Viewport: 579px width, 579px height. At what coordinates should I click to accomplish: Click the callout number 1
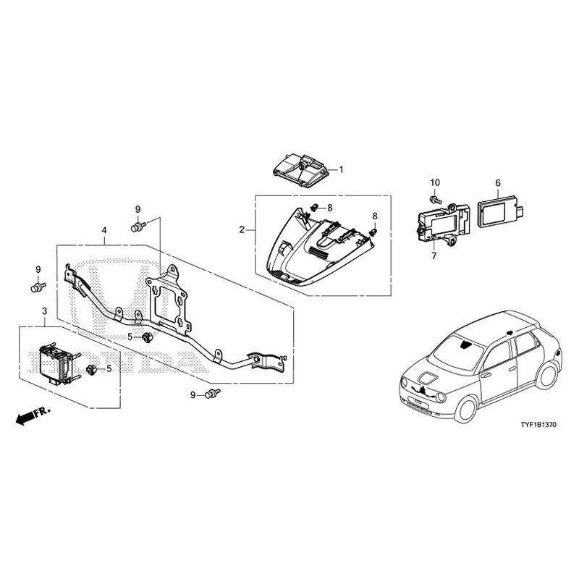click(x=342, y=169)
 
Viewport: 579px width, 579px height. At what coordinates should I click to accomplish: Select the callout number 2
click(x=242, y=229)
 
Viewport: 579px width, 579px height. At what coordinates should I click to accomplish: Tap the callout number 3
click(x=44, y=311)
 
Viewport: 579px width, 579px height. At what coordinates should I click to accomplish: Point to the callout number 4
click(x=104, y=231)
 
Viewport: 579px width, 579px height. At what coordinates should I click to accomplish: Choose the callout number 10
click(x=435, y=182)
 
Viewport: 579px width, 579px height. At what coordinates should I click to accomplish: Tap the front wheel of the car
click(x=463, y=409)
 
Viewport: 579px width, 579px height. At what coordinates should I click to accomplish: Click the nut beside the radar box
click(x=92, y=371)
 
